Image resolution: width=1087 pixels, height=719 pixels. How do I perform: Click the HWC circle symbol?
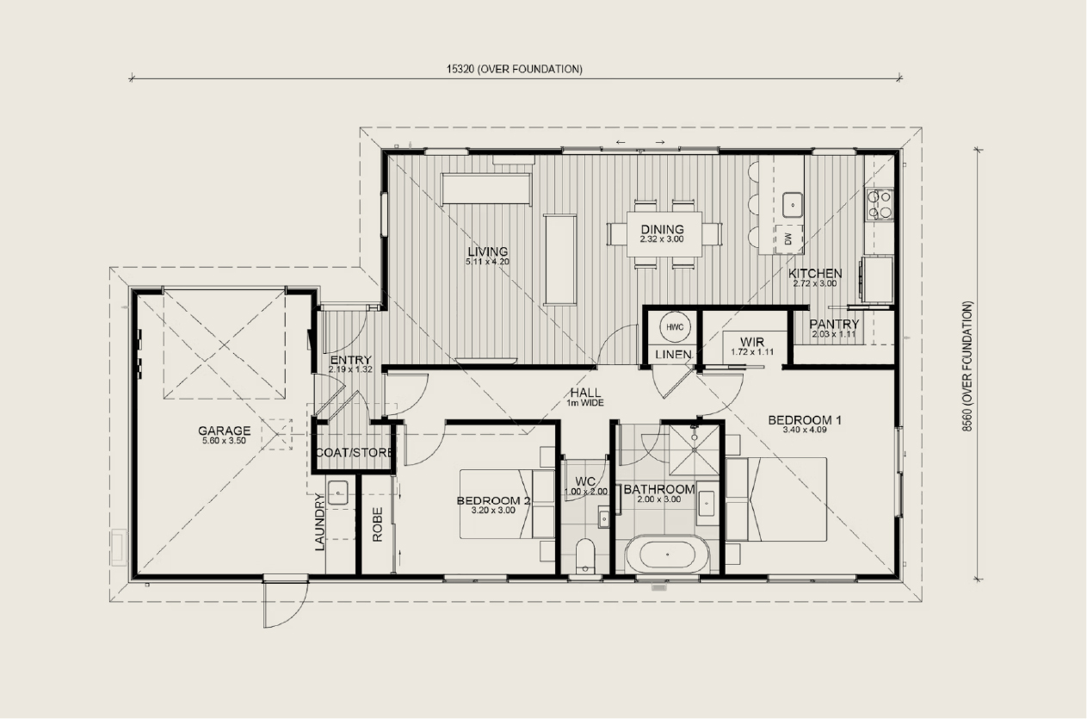coord(675,327)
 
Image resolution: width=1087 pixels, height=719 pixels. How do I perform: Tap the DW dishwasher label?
coord(788,239)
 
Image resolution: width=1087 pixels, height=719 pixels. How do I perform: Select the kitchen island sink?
coord(793,205)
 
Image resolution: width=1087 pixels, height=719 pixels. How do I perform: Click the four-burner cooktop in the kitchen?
coord(880,204)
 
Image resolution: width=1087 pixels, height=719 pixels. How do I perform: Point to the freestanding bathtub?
coord(667,554)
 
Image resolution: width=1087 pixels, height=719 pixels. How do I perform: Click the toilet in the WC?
coord(585,555)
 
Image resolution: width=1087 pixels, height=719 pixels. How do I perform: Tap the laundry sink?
coord(337,493)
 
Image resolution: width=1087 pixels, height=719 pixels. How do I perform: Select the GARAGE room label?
coord(224,431)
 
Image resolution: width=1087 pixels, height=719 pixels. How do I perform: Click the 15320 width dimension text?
coord(515,70)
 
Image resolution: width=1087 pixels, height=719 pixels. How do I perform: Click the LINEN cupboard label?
coord(673,355)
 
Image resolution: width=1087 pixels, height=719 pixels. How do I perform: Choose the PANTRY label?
coord(834,324)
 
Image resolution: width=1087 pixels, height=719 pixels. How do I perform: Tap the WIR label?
coord(752,342)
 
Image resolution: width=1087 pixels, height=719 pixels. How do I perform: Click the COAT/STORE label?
coord(355,453)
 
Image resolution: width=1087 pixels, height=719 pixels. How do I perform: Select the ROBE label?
coord(378,524)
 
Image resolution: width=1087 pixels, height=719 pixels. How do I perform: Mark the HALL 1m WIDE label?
coord(585,397)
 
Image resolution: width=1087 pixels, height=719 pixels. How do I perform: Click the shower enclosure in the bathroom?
coord(695,450)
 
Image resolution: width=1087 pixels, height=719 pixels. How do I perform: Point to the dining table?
coord(664,234)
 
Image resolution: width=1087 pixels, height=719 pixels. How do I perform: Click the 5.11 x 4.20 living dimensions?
coord(488,262)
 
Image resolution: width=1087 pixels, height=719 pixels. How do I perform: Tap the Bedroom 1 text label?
coord(805,420)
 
